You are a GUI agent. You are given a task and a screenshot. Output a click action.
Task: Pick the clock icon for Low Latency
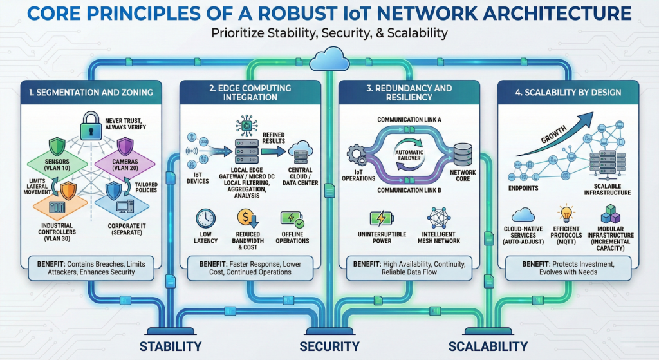click(206, 218)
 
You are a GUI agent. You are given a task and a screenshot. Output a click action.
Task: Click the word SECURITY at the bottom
click(329, 346)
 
